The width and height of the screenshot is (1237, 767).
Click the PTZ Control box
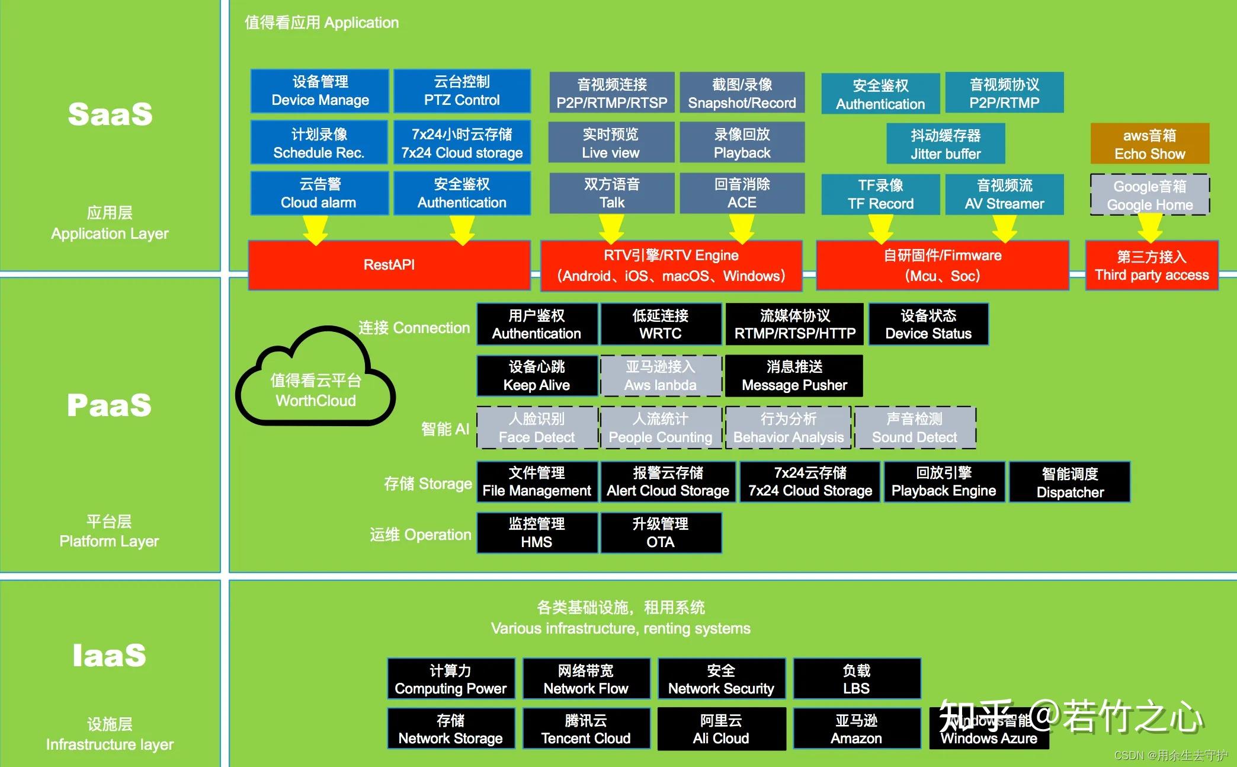click(462, 91)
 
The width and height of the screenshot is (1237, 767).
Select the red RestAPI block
click(389, 265)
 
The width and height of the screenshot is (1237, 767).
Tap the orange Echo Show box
click(1149, 144)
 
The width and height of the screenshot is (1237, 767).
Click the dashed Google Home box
click(1149, 195)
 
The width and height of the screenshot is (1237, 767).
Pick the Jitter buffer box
click(946, 144)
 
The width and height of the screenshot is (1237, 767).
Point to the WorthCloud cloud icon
click(315, 379)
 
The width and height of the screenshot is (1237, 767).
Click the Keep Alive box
click(537, 376)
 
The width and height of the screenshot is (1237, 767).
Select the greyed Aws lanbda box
click(661, 376)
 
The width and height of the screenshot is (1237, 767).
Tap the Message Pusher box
click(794, 376)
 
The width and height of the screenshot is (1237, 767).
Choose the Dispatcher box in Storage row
click(1070, 482)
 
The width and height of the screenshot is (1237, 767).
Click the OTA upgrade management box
click(661, 533)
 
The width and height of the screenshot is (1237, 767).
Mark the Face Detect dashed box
click(537, 428)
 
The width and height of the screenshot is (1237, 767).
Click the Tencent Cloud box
click(586, 729)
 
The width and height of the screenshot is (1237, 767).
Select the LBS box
click(857, 679)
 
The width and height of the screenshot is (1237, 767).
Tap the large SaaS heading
click(110, 114)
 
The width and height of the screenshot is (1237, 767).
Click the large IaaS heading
click(110, 656)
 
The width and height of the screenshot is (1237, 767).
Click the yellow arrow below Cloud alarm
click(315, 230)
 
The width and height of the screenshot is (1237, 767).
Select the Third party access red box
click(1151, 266)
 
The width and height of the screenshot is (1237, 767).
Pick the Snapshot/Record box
click(742, 93)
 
